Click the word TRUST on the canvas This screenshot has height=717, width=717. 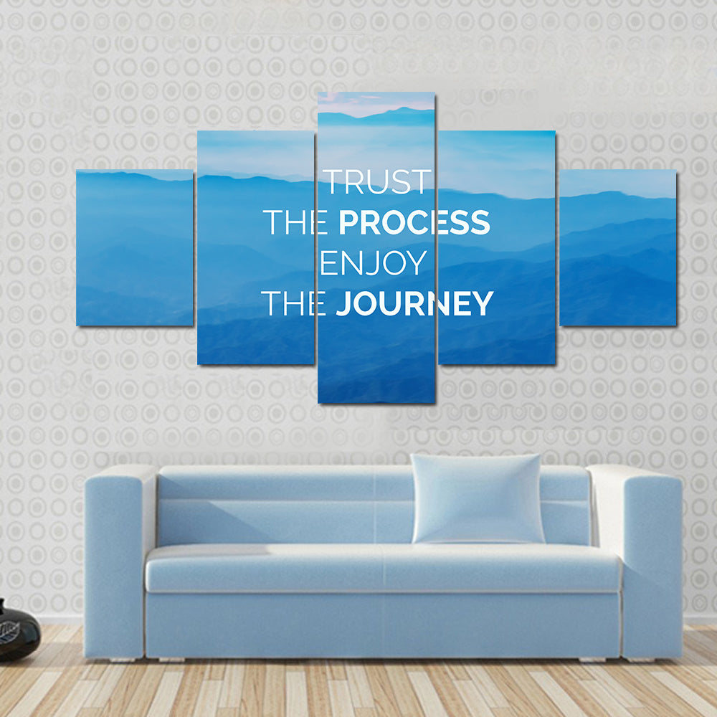coord(378,182)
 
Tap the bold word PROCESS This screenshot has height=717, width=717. coord(414,223)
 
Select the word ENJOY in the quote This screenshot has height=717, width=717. coord(373,263)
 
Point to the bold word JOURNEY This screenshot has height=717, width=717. coord(414,304)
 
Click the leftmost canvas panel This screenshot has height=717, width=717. coord(134,247)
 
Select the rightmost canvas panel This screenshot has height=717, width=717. coord(618,247)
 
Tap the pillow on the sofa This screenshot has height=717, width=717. coord(477,498)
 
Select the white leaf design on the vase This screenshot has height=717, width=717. coord(9,632)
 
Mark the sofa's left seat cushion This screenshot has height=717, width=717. coord(265,566)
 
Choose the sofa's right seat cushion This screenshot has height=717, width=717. coord(502,566)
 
